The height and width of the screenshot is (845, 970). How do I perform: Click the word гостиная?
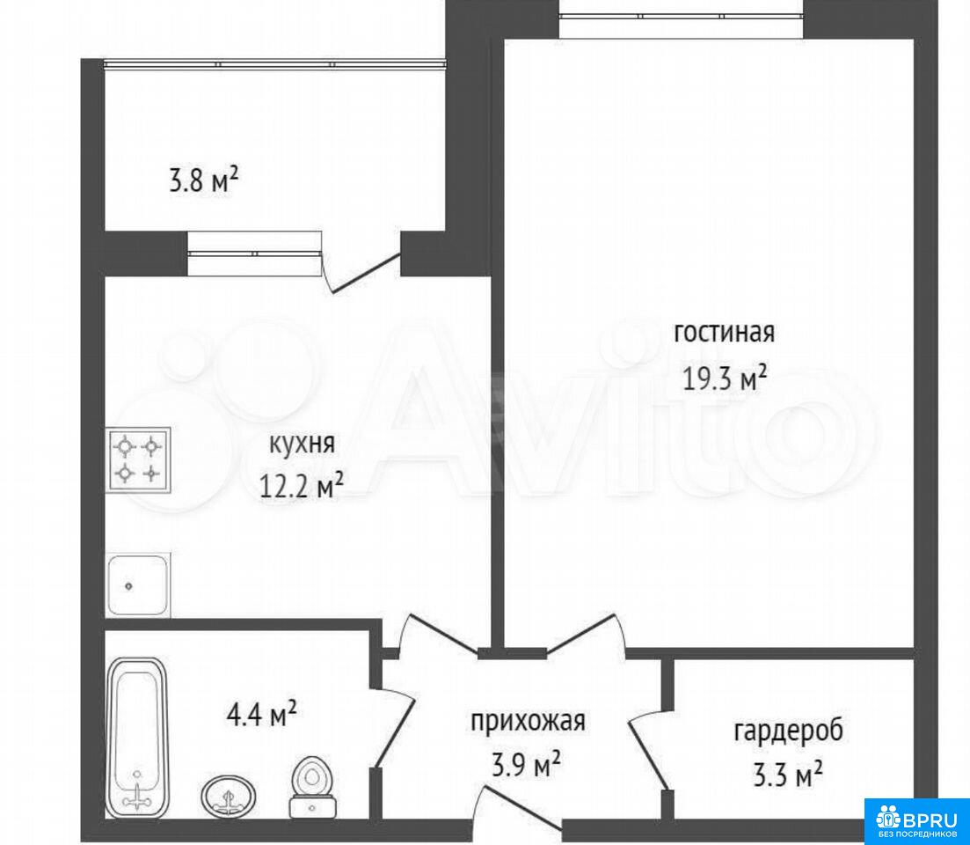[x=724, y=333]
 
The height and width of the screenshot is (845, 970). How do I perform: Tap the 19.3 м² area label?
[x=725, y=378]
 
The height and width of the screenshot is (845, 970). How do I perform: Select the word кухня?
[x=302, y=444]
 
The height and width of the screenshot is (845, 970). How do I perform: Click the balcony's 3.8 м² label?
[x=203, y=182]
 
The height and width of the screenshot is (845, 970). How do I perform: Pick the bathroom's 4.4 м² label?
[x=262, y=715]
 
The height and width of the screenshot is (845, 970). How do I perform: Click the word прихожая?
[x=528, y=722]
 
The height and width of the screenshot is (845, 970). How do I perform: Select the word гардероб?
[x=788, y=731]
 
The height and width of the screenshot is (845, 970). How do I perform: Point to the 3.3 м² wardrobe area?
[x=787, y=775]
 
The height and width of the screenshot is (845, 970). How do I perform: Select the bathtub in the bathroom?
[x=137, y=736]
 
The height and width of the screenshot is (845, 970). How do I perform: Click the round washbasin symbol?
[x=229, y=795]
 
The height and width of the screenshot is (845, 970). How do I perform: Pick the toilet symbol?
[x=312, y=785]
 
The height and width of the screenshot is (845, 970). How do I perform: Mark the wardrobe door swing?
[x=648, y=748]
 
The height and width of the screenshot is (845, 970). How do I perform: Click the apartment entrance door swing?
[x=520, y=805]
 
